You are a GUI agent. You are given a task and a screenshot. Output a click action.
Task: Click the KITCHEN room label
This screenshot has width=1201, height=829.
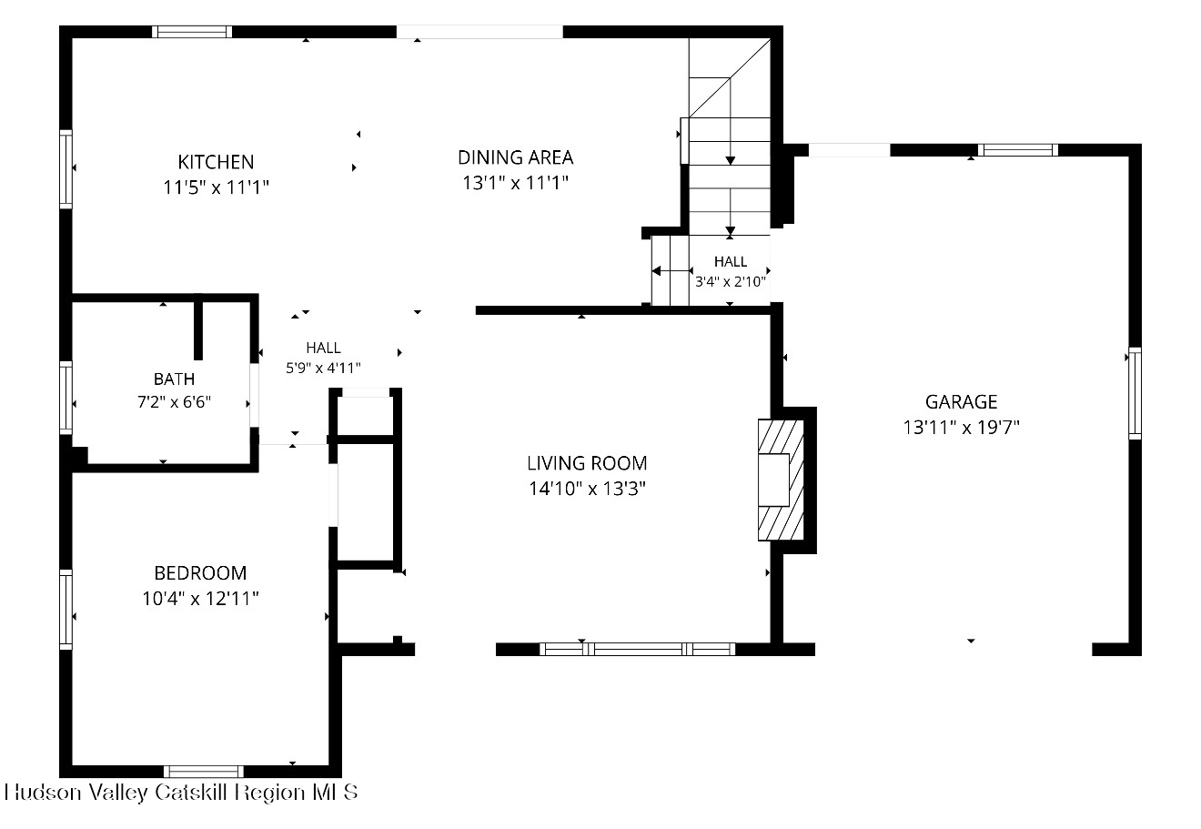[x=216, y=162]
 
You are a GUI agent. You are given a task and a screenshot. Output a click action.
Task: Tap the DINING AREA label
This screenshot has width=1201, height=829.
[x=515, y=157]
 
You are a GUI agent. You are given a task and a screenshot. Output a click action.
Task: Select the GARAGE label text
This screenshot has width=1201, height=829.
[x=962, y=401]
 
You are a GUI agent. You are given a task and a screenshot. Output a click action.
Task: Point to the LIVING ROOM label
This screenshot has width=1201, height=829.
[x=587, y=463]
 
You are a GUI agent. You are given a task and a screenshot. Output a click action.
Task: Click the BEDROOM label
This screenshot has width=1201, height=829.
[x=200, y=573]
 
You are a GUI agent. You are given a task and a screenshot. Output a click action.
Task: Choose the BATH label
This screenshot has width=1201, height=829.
[x=175, y=379]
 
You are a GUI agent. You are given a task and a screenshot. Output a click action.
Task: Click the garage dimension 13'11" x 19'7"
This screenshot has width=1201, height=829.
[x=962, y=428]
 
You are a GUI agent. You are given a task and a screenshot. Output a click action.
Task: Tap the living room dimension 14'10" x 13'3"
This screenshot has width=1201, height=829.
[x=587, y=489]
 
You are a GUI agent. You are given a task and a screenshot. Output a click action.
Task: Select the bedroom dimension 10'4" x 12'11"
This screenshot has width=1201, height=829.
[x=200, y=599]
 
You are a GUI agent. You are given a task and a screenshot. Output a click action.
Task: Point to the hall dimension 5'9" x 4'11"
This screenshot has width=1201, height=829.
[x=323, y=368]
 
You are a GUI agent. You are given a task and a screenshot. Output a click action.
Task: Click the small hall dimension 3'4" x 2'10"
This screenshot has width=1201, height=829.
[x=731, y=281]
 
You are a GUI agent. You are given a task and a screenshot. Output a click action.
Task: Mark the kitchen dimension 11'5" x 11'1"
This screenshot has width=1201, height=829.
[x=216, y=187]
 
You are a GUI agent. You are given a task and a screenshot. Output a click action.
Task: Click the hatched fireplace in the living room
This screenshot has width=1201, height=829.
[x=781, y=480]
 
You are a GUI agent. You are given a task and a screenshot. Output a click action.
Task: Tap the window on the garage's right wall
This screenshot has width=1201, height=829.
[x=1135, y=394]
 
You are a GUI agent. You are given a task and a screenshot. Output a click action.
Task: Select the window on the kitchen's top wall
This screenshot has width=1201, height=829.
[x=192, y=32]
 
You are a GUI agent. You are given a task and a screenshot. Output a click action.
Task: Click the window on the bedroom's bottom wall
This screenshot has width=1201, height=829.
[x=203, y=772]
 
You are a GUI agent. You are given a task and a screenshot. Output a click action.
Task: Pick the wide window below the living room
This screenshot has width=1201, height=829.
[x=637, y=650]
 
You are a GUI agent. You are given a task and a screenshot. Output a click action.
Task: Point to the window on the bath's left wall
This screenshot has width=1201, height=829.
[x=66, y=398]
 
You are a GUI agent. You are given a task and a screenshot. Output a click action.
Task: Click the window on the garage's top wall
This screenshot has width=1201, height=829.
[x=1017, y=150]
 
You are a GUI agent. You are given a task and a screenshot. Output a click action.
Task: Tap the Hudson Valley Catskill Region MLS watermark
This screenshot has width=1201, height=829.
[x=181, y=793]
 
